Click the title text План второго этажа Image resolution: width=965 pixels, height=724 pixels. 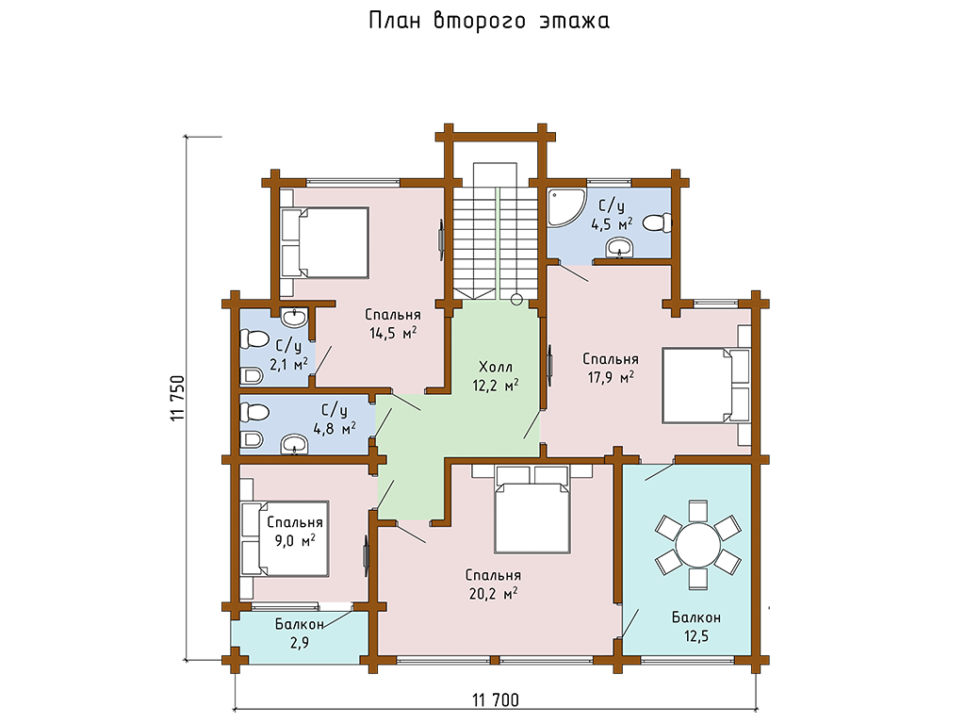pyautogui.click(x=488, y=22)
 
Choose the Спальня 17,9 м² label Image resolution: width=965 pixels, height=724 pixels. pyautogui.click(x=610, y=367)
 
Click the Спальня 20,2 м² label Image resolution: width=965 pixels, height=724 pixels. pyautogui.click(x=493, y=584)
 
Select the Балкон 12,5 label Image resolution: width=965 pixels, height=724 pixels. pyautogui.click(x=696, y=626)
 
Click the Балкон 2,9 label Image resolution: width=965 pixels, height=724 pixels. pyautogui.click(x=300, y=633)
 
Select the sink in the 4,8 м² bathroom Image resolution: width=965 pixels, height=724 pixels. pyautogui.click(x=298, y=444)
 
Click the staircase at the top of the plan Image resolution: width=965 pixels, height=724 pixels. pyautogui.click(x=496, y=236)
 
